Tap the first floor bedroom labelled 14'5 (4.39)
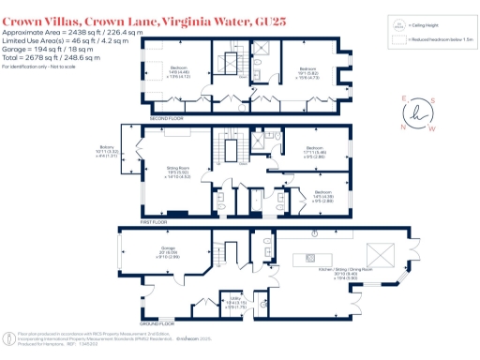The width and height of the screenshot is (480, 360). click(x=301, y=197)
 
